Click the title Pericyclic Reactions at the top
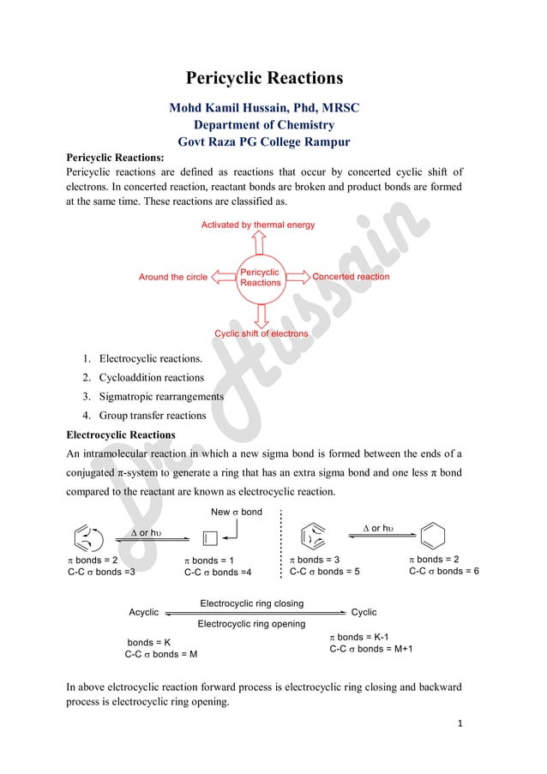pyautogui.click(x=264, y=78)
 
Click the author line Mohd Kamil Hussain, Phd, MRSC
pyautogui.click(x=264, y=108)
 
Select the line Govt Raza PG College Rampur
pyautogui.click(x=264, y=141)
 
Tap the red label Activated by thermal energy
pyautogui.click(x=258, y=225)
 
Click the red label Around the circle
pyautogui.click(x=173, y=277)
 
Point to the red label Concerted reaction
pyautogui.click(x=351, y=277)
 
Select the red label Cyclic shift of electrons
pyautogui.click(x=261, y=333)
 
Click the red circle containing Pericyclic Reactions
pyautogui.click(x=261, y=278)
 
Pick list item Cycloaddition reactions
pyautogui.click(x=152, y=377)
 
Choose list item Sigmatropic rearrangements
pyautogui.click(x=161, y=396)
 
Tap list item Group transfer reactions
pyautogui.click(x=153, y=415)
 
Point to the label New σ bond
pyautogui.click(x=237, y=512)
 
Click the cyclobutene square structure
pyautogui.click(x=208, y=538)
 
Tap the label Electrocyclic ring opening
pyautogui.click(x=251, y=624)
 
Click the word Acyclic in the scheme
pyautogui.click(x=143, y=612)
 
